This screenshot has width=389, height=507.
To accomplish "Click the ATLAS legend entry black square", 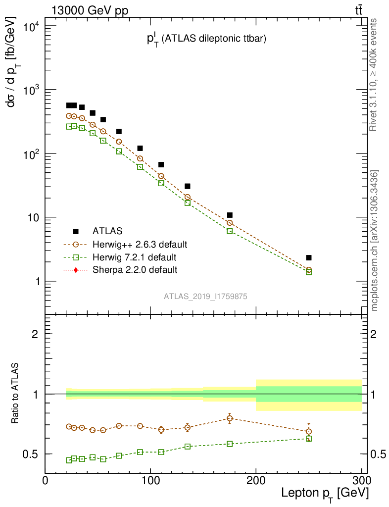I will pyautogui.click(x=76, y=231).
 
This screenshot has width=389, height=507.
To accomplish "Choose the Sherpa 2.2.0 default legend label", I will pyautogui.click(x=135, y=270).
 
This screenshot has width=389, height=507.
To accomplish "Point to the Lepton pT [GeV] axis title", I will pyautogui.click(x=325, y=493).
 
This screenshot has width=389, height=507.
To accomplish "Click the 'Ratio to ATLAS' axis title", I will pyautogui.click(x=16, y=394).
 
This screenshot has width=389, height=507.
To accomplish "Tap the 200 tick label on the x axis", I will pyautogui.click(x=256, y=481).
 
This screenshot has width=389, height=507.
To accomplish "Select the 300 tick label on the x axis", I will pyautogui.click(x=361, y=481).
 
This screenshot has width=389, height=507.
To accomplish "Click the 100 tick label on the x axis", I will pyautogui.click(x=150, y=481).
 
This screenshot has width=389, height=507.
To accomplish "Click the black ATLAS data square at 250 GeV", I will pyautogui.click(x=309, y=257).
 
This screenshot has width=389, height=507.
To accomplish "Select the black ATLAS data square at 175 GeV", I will pyautogui.click(x=230, y=215).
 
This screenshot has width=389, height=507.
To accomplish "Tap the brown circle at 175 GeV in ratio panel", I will pyautogui.click(x=230, y=418).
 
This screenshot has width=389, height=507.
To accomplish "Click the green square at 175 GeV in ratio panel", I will pyautogui.click(x=230, y=444).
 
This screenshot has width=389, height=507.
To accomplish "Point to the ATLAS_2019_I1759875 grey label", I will pyautogui.click(x=206, y=296).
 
